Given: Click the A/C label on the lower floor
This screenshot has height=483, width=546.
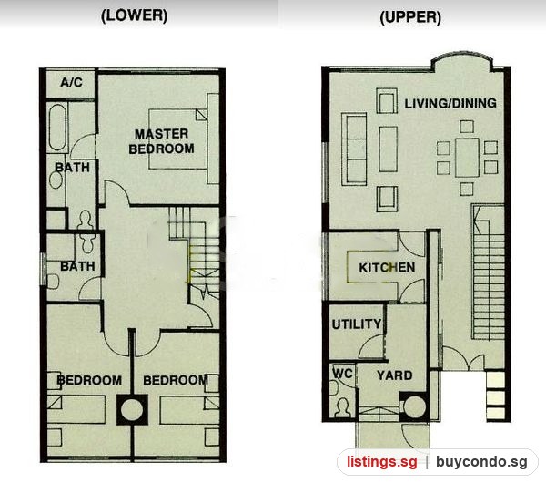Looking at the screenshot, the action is (71, 82).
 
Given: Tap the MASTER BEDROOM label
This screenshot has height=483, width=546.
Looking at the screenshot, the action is (162, 141).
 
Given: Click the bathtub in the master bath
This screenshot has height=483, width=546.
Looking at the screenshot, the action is (57, 128).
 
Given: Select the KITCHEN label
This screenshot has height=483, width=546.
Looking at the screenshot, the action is (387, 268).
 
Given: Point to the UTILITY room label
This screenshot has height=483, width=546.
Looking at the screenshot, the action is (356, 324).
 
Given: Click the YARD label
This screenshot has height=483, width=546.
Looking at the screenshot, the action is (395, 375).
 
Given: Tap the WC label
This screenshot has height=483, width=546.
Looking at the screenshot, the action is (343, 373).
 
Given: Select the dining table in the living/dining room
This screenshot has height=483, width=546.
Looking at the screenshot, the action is (467, 158).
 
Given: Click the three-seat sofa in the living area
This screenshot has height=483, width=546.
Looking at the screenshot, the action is (354, 149).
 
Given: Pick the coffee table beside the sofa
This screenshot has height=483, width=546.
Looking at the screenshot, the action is (389, 149).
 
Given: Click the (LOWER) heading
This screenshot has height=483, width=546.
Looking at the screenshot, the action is (134, 15).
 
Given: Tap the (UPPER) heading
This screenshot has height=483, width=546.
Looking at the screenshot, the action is (410, 17).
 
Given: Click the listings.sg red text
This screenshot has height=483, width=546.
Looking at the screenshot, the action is (381, 462).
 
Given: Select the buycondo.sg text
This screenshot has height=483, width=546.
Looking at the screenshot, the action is (481, 462).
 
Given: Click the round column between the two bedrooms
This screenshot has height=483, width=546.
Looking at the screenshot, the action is (132, 409).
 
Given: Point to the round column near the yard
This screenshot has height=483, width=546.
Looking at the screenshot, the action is (414, 406).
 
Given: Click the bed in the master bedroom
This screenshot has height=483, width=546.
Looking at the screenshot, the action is (178, 139).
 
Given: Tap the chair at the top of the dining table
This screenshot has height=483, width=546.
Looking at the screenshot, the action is (467, 127).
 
